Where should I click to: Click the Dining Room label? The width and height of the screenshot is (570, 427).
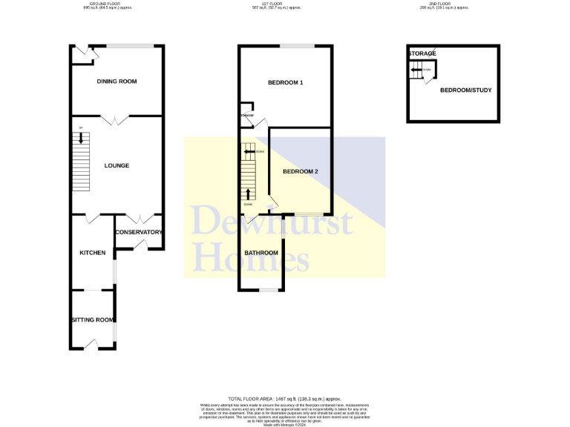tap(117, 82)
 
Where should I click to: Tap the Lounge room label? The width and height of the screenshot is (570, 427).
tap(117, 165)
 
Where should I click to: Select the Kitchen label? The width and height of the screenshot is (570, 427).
tap(92, 253)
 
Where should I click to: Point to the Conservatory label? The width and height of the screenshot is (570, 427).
tap(138, 232)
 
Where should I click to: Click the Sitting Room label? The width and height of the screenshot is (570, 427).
tap(92, 320)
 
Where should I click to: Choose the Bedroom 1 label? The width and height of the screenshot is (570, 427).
tap(285, 82)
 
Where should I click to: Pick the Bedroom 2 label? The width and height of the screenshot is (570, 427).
tap(300, 171)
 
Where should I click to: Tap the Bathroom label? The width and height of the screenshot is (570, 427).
tap(261, 253)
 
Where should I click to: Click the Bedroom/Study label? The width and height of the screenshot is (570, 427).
tap(465, 90)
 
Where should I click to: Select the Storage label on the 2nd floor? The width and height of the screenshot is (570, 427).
tap(422, 53)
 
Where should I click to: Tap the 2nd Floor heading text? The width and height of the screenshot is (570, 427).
tap(444, 4)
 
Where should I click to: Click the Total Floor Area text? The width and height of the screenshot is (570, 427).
tap(284, 399)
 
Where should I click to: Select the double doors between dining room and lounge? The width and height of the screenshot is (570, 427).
tap(115, 119)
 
